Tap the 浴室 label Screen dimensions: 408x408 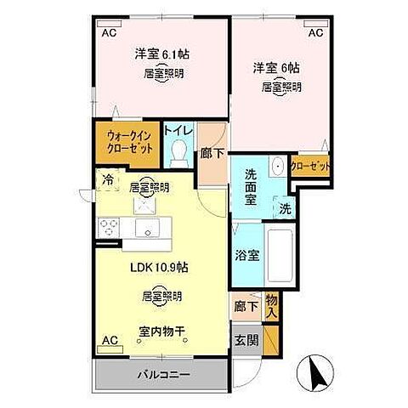(246, 254)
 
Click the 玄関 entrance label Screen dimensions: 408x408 (245, 341)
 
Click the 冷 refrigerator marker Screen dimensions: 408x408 (108, 179)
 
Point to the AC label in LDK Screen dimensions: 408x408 (110, 340)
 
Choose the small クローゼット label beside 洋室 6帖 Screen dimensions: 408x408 (310, 165)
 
